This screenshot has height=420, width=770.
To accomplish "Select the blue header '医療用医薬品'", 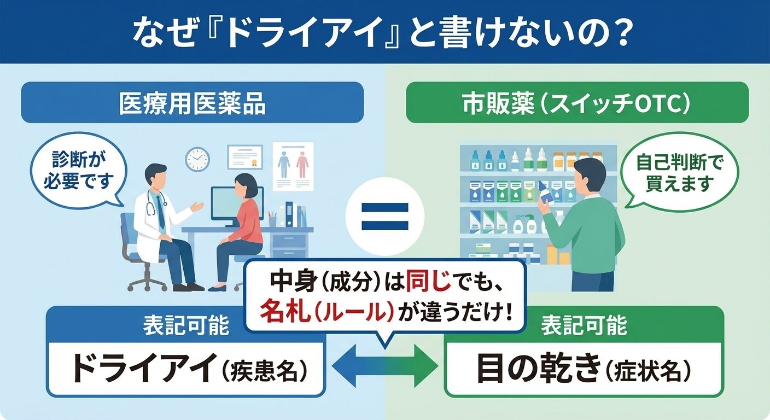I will pyautogui.click(x=192, y=103).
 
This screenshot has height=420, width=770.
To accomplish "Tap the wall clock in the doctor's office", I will pyautogui.click(x=197, y=159).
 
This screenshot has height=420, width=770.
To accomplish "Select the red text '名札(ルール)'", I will pyautogui.click(x=327, y=311).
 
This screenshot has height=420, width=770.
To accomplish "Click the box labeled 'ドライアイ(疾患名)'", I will pyautogui.click(x=185, y=369).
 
